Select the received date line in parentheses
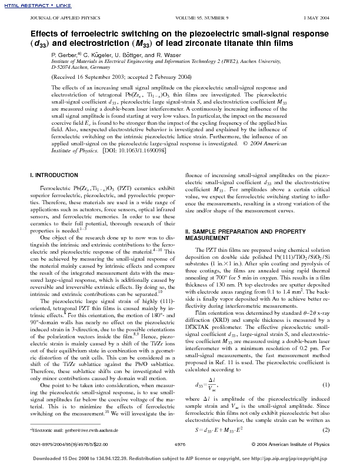121,77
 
